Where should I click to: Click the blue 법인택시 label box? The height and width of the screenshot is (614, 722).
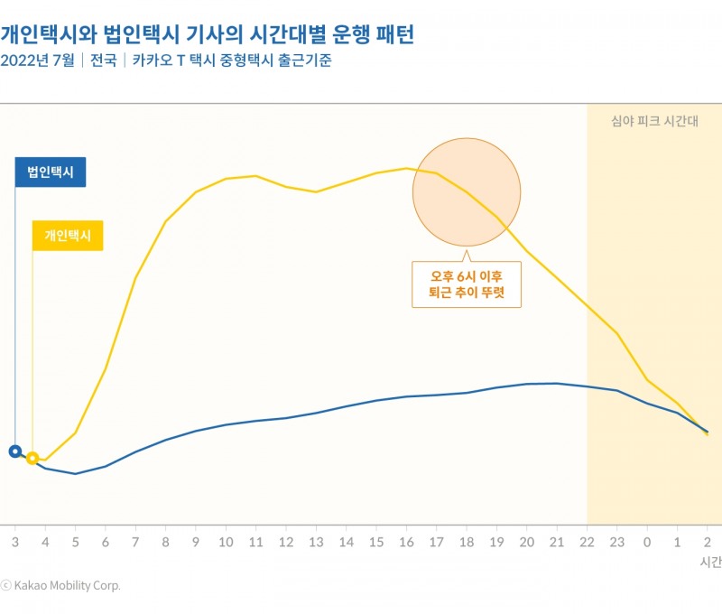click(51, 172)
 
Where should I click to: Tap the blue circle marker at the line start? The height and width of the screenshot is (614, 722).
click(14, 451)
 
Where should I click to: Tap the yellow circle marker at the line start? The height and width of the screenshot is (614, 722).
click(32, 458)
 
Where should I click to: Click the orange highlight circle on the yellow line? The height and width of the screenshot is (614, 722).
click(467, 191)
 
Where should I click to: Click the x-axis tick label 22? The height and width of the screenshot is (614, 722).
click(587, 542)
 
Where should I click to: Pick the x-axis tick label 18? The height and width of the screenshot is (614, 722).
click(467, 542)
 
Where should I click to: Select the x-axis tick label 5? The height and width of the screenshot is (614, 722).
click(75, 542)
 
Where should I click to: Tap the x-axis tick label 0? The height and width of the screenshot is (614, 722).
click(647, 542)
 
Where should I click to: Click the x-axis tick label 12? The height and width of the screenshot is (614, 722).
click(286, 542)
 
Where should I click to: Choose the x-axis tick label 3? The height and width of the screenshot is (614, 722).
click(14, 542)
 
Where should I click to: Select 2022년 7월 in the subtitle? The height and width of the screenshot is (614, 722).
click(38, 61)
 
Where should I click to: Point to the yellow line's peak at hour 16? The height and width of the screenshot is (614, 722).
click(406, 168)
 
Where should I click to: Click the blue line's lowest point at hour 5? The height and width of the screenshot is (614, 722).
click(75, 473)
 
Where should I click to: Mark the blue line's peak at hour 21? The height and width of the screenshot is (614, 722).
click(557, 383)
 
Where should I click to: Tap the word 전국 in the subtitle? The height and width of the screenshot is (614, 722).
click(105, 61)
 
